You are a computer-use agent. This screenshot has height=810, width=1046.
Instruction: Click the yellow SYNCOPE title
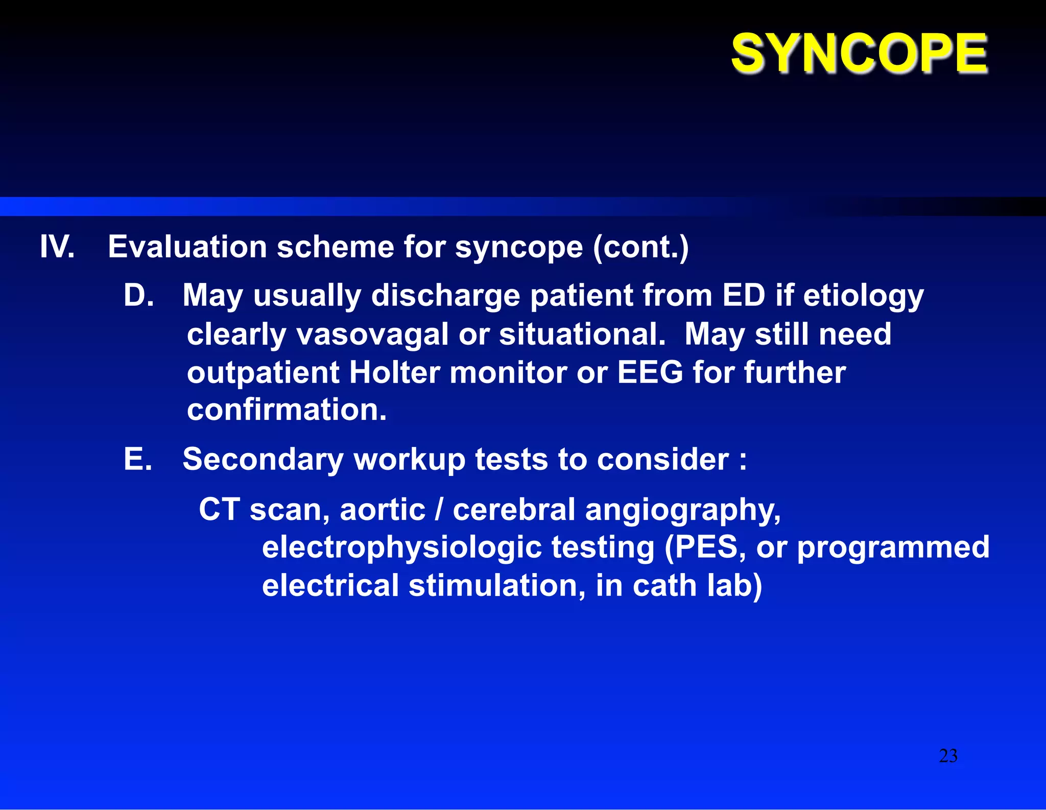coord(859,53)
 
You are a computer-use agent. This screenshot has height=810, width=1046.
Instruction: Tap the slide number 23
coord(948,756)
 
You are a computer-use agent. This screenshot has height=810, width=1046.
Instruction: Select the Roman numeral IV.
coord(57,247)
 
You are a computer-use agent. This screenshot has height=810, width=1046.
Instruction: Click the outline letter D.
coord(138,295)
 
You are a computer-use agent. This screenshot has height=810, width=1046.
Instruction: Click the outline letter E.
coord(137,459)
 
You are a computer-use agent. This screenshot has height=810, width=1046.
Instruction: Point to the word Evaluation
coord(187,247)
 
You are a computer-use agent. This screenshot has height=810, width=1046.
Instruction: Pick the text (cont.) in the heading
coord(640,247)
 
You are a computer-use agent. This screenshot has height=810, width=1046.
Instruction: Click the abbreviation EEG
coord(650,372)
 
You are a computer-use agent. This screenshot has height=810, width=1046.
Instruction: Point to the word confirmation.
coord(286,410)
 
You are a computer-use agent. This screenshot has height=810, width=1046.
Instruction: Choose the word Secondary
coord(263,459)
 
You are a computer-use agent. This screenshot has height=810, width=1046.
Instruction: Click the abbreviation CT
coord(219,510)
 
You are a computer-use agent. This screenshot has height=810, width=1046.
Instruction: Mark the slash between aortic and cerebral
coord(439,510)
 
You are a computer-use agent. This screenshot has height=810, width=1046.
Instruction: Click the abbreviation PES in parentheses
coord(705,547)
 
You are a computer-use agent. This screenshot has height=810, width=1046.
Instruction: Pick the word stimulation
coord(496,585)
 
